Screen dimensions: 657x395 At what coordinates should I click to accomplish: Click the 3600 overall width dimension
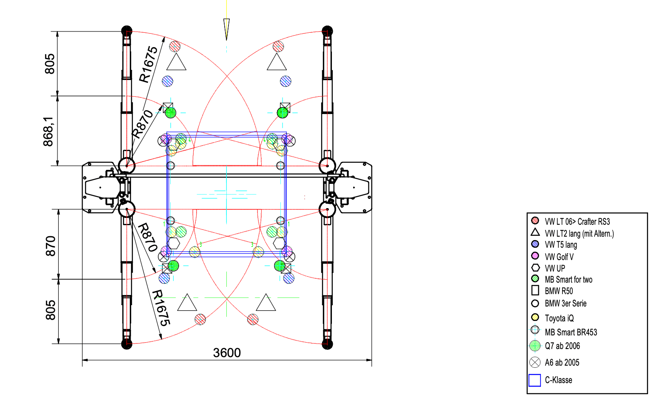(227, 353)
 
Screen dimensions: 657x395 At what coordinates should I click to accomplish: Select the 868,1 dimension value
(49, 132)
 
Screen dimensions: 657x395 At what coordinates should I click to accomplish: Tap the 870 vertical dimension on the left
(51, 246)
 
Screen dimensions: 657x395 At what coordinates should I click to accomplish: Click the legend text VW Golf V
(559, 257)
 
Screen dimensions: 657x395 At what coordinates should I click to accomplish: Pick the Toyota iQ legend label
(559, 318)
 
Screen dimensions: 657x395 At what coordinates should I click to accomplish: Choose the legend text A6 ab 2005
(562, 362)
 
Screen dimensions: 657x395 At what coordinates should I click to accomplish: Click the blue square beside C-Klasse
(535, 381)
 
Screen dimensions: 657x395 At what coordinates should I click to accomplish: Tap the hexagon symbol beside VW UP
(535, 268)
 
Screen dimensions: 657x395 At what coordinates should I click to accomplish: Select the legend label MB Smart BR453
(571, 332)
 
